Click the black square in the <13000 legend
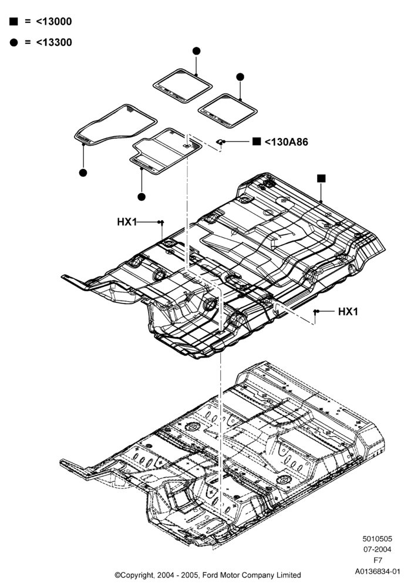pos(14,21)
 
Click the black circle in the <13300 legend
pos(14,42)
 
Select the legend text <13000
pos(54,21)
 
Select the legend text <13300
pos(54,42)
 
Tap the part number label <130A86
pos(287,142)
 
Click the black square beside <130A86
pos(257,141)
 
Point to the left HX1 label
pos(127,222)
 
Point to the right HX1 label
pos(348,312)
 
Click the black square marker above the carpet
pos(321,178)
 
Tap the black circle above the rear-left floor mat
pos(196,51)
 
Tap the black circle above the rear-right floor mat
pos(240,77)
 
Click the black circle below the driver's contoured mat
pos(83,173)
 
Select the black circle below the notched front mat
pos(142,197)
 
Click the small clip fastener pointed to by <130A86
pos(221,142)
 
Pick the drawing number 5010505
pos(378,539)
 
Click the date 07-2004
pos(378,549)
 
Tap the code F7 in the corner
pos(378,561)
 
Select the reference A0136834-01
pos(378,572)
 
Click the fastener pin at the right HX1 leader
pos(315,312)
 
